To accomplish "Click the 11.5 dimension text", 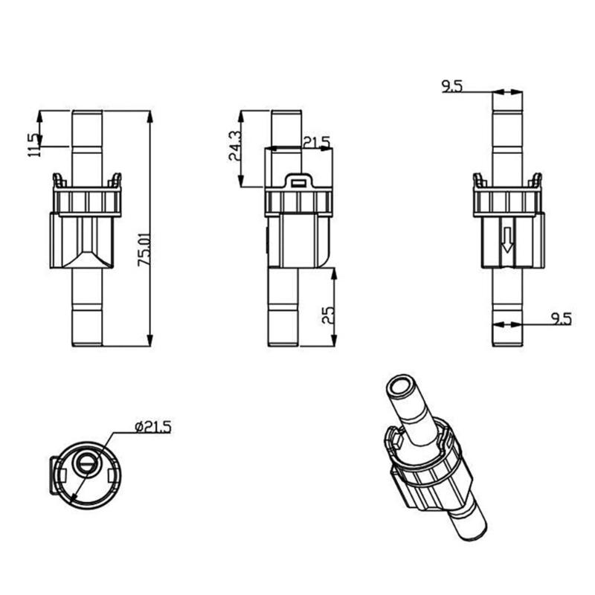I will click(33, 145).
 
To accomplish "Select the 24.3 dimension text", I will click(234, 146).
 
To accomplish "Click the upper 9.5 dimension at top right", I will click(451, 87).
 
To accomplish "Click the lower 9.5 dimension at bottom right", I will click(561, 319).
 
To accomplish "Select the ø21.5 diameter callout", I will click(152, 426).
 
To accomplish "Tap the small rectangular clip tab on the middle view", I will click(298, 180).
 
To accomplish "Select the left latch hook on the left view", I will click(57, 179).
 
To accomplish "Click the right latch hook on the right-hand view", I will click(536, 180).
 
